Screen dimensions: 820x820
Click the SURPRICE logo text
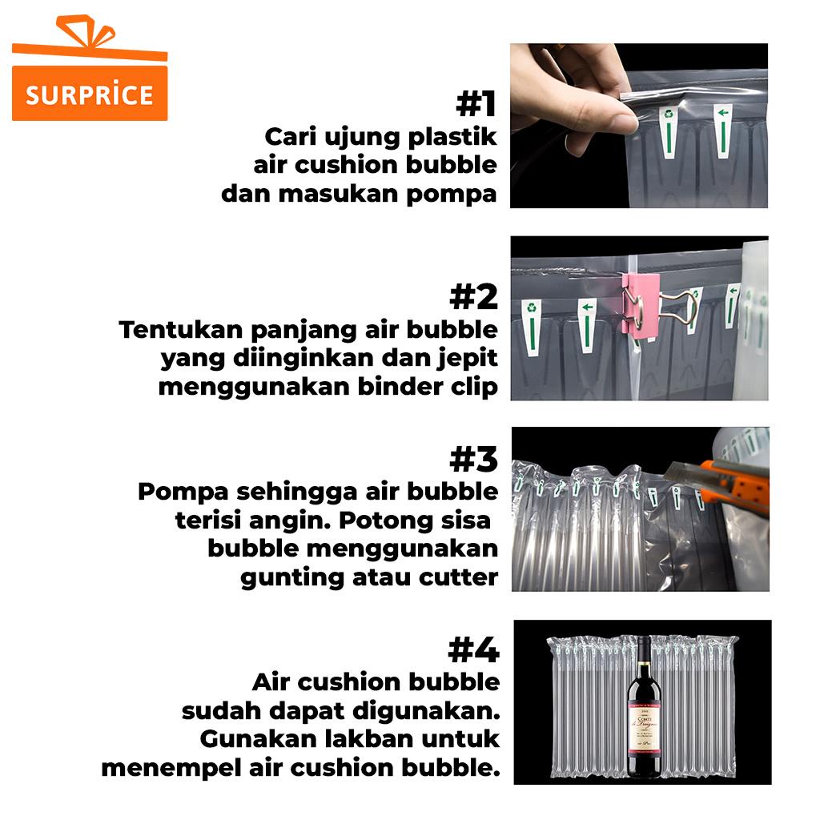pyautogui.click(x=90, y=94)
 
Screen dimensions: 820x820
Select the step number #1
pyautogui.click(x=476, y=103)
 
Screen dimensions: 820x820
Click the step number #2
pyautogui.click(x=474, y=296)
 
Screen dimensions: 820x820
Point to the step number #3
pyautogui.click(x=474, y=459)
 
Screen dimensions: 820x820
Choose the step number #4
pyautogui.click(x=474, y=650)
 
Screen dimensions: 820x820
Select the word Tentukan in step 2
pyautogui.click(x=181, y=330)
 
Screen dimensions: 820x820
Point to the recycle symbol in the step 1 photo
pyautogui.click(x=668, y=113)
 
